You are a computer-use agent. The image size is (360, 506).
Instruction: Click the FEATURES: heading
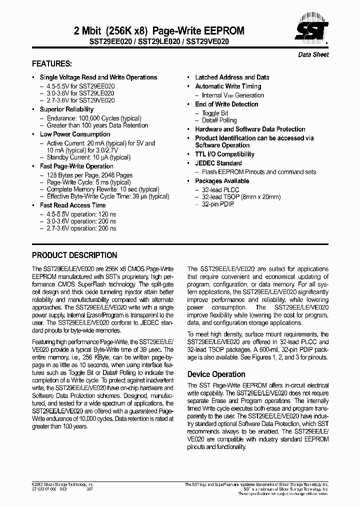[52, 64]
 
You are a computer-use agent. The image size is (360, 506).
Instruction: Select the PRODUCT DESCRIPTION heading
[74, 254]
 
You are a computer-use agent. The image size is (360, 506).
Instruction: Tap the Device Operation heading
[216, 374]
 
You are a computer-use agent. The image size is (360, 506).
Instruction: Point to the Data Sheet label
[313, 54]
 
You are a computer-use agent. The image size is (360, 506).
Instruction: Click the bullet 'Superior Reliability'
[66, 109]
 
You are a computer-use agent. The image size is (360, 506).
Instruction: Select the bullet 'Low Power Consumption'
[75, 134]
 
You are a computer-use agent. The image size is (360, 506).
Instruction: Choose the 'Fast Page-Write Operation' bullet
[76, 166]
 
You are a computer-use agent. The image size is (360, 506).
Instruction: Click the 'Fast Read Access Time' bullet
[72, 205]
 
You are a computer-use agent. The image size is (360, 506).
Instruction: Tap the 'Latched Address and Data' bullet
[232, 77]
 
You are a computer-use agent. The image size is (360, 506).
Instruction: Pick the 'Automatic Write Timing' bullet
[228, 86]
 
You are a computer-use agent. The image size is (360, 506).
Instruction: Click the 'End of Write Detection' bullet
[226, 104]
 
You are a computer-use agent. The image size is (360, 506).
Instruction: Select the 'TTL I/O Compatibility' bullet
[224, 154]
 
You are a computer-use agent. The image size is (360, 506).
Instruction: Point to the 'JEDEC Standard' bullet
[218, 163]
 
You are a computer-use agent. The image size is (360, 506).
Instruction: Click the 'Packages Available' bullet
[221, 181]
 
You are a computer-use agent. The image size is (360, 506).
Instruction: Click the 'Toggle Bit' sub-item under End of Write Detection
[215, 113]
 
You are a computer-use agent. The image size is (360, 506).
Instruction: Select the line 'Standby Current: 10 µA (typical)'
[88, 157]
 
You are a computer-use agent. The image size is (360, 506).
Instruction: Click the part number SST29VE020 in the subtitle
[207, 41]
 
